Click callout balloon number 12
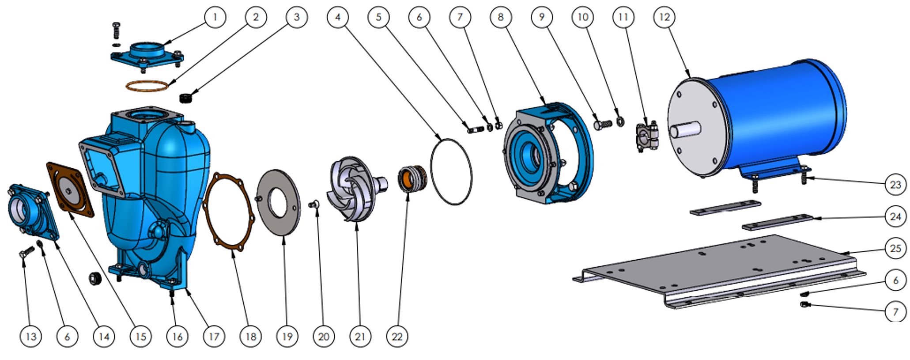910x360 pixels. tap(664, 17)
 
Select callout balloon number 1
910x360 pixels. tap(215, 17)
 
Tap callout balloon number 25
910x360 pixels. tap(895, 248)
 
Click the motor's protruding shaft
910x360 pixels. tap(684, 130)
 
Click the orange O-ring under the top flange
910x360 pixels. tap(147, 86)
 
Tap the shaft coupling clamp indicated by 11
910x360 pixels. tap(646, 137)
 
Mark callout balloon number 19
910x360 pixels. tap(287, 337)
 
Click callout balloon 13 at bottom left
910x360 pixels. tap(30, 337)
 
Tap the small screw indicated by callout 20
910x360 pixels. tap(315, 204)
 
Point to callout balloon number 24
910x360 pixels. tap(895, 216)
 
